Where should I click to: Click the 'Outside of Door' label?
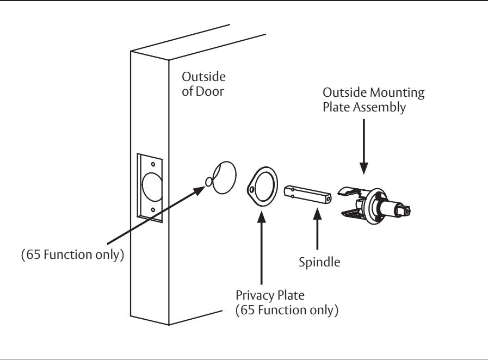(203, 84)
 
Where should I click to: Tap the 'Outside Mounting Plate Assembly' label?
(373, 100)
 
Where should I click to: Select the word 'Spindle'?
(319, 262)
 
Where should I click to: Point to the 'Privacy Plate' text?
(270, 295)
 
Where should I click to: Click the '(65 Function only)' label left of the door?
(72, 255)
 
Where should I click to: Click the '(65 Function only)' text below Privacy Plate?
(287, 310)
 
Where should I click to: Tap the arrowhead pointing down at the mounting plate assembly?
(364, 168)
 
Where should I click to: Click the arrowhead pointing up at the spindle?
(317, 214)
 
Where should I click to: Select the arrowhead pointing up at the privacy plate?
(262, 217)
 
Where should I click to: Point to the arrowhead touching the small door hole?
(199, 190)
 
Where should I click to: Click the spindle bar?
(307, 194)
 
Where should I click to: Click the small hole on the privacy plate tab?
(251, 189)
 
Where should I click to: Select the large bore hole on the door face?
(224, 178)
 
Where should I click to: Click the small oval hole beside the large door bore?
(209, 182)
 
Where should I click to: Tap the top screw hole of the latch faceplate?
(153, 164)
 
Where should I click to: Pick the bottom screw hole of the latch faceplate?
(153, 210)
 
